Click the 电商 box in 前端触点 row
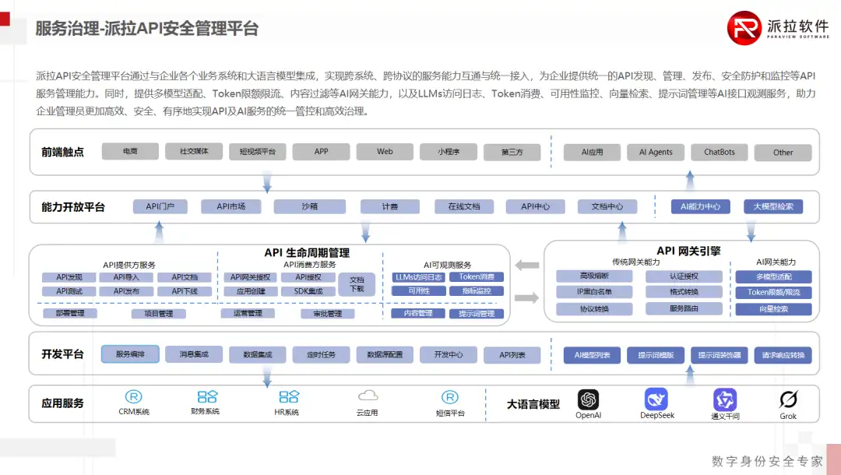coord(130,151)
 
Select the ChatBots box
coord(720,152)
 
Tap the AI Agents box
coord(656,152)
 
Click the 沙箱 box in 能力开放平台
coord(309,206)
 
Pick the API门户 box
coord(160,206)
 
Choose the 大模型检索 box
coord(773,206)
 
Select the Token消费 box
coord(476,276)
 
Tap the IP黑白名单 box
coord(594,292)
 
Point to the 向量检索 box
coord(773,309)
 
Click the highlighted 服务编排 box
coord(130,354)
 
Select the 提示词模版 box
coord(656,355)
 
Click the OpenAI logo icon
coord(588,399)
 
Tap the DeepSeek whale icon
coord(656,399)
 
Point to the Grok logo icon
coord(788,399)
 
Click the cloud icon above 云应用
coord(368,396)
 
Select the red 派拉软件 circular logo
coord(744,27)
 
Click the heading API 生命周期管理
coord(307,252)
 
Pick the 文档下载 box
coord(357,283)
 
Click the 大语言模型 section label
coord(533,404)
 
